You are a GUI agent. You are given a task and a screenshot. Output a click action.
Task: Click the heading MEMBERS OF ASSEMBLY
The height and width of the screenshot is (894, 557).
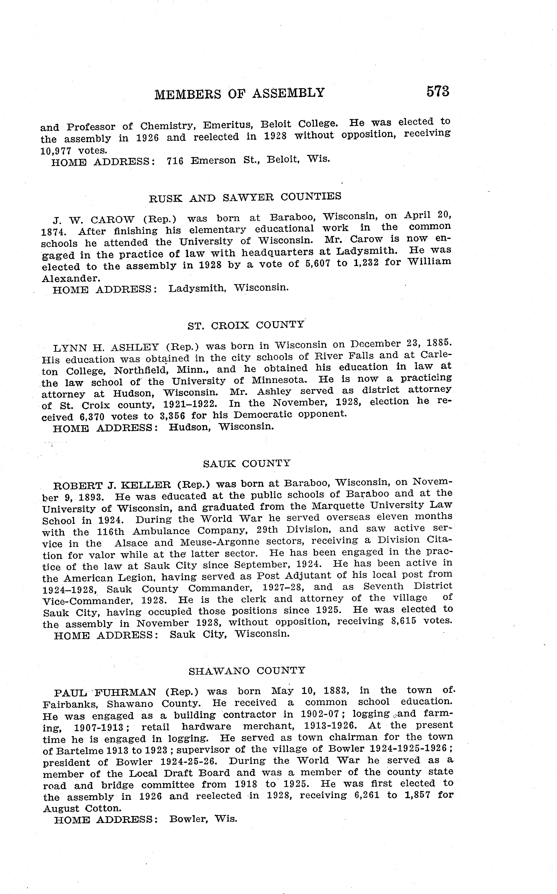tap(239, 94)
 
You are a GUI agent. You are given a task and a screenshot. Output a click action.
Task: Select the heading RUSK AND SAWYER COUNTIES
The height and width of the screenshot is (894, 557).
tap(245, 198)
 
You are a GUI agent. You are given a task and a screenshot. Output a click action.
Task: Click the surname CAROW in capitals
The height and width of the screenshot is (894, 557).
tap(112, 220)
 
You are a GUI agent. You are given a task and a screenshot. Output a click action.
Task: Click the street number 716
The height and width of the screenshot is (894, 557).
tap(175, 161)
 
